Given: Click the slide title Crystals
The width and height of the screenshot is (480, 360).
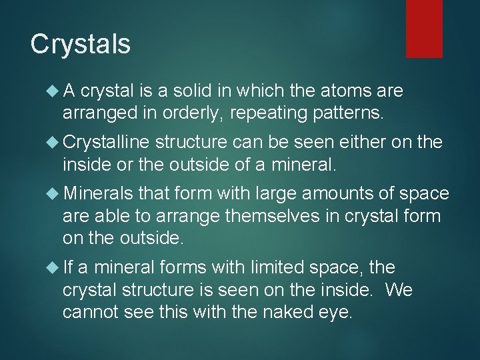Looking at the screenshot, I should (81, 44).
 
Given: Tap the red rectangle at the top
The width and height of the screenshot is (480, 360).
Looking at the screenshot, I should (424, 28).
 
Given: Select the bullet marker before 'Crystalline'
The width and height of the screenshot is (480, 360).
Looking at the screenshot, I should (53, 142).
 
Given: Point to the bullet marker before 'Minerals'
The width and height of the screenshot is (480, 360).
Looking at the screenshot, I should (53, 193).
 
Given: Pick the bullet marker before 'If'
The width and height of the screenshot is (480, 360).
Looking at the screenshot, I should (53, 268).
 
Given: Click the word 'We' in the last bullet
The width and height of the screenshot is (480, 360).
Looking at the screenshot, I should (399, 291).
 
